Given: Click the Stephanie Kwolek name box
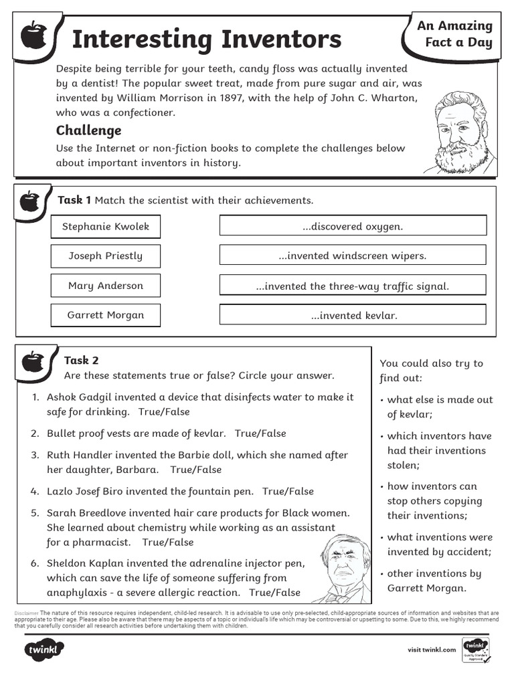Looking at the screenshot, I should (x=106, y=226).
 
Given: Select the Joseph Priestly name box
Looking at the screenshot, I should (x=106, y=256).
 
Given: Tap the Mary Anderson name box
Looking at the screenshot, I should (x=106, y=286).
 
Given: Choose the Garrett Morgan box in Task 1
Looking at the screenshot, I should (x=106, y=315).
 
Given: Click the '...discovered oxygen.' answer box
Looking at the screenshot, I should (x=353, y=226).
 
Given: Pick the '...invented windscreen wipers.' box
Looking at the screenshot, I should (x=353, y=256).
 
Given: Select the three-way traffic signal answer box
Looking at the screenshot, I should (x=353, y=286).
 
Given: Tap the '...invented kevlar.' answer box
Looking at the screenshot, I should (x=353, y=315).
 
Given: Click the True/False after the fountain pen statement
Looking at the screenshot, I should (x=288, y=491).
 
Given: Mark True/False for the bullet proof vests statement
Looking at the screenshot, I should (x=260, y=433).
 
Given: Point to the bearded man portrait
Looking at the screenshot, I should (x=460, y=132).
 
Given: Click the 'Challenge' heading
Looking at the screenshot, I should (x=88, y=130).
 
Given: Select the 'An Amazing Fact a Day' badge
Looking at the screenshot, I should (x=454, y=34).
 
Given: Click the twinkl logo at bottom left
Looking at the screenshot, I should (x=44, y=649).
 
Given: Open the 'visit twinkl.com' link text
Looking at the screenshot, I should (x=432, y=650).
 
